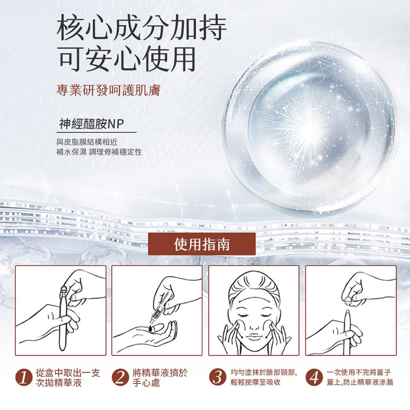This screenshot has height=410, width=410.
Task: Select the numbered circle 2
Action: coord(122,378)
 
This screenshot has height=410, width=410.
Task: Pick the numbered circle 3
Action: coord(219,378)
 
